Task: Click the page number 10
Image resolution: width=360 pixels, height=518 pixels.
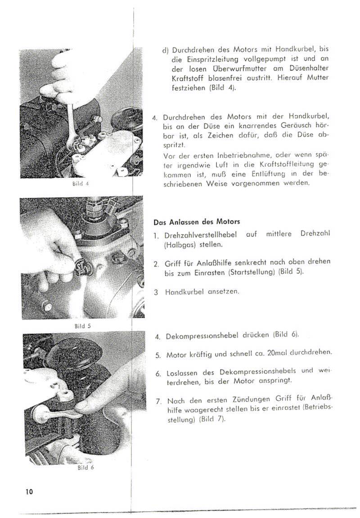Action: click(x=29, y=491)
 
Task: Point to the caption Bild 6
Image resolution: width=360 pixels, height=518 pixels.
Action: click(x=85, y=468)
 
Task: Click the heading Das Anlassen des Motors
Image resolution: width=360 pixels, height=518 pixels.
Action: click(x=197, y=222)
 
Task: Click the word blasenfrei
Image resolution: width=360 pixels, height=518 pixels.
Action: click(x=224, y=78)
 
